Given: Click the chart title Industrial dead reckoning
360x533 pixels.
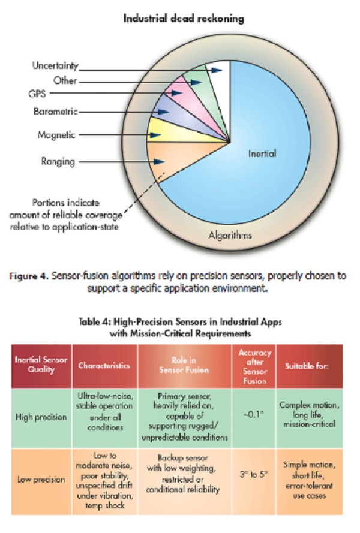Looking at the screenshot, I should pos(184,19).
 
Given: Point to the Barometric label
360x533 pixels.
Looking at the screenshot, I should pos(55,112).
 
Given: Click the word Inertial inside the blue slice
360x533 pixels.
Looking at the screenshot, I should pos(263,154).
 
